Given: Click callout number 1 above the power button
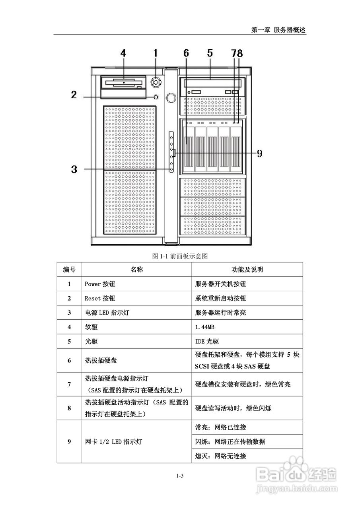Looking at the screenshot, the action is [x=156, y=53].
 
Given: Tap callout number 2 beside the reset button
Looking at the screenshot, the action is [x=74, y=95].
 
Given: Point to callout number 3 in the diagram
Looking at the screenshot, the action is [x=74, y=169].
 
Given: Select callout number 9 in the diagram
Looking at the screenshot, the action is [x=259, y=153].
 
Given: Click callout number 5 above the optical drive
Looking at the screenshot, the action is [x=210, y=53].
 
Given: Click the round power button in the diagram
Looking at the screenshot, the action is [x=156, y=82].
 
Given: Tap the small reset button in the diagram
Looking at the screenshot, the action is [x=156, y=97].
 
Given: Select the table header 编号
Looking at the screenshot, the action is [x=69, y=270].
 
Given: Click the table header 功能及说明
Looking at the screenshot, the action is [x=247, y=270].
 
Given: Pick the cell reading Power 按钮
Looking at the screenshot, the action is [x=100, y=284].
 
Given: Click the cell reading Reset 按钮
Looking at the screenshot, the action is [x=100, y=298].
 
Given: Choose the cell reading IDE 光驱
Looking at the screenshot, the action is [x=207, y=341].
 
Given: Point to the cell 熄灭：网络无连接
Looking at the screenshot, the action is [x=221, y=456].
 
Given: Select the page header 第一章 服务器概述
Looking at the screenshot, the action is [x=278, y=30].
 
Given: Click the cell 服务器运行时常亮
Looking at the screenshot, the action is [x=221, y=313].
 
